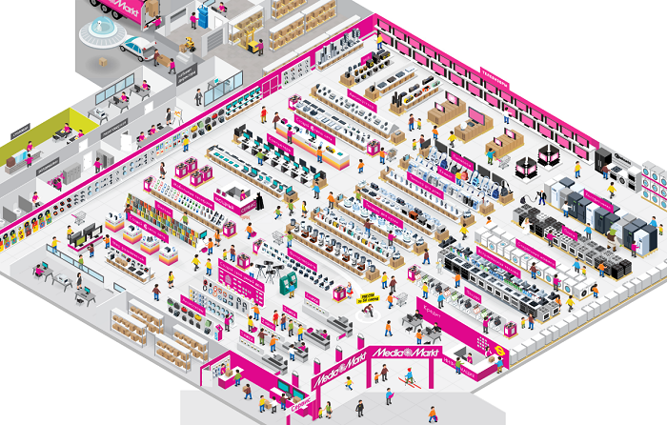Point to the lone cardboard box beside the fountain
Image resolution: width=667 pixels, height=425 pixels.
pyautogui.click(x=100, y=58)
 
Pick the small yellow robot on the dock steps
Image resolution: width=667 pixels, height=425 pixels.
pyautogui.click(x=190, y=43)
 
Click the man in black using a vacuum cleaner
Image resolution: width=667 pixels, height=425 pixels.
pyautogui.click(x=541, y=197)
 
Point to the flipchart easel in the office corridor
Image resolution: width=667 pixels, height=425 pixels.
pyautogui.click(x=177, y=114)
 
